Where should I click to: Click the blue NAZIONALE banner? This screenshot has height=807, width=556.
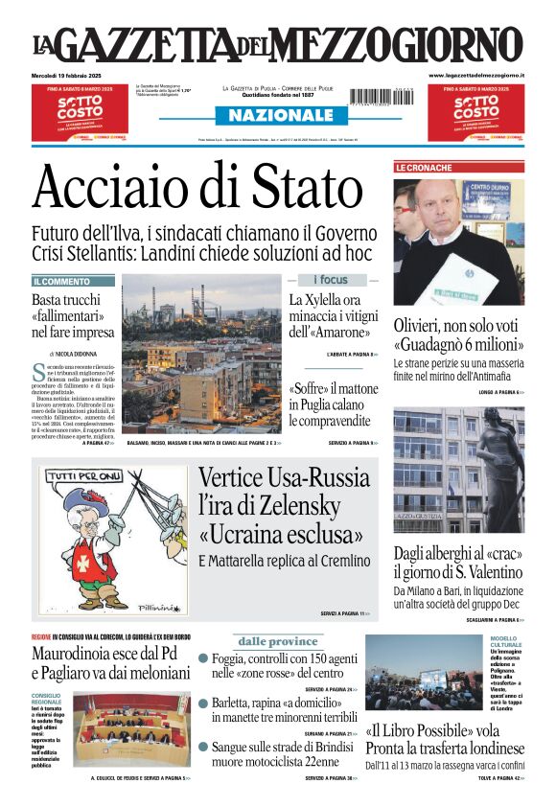pyautogui.click(x=274, y=115)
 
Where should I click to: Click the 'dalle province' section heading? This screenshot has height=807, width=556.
pyautogui.click(x=277, y=641)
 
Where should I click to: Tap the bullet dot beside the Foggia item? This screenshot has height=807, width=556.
pyautogui.click(x=203, y=658)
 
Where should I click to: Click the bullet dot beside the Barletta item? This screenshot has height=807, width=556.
pyautogui.click(x=203, y=703)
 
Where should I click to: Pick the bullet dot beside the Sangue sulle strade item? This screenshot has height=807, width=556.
pyautogui.click(x=203, y=747)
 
